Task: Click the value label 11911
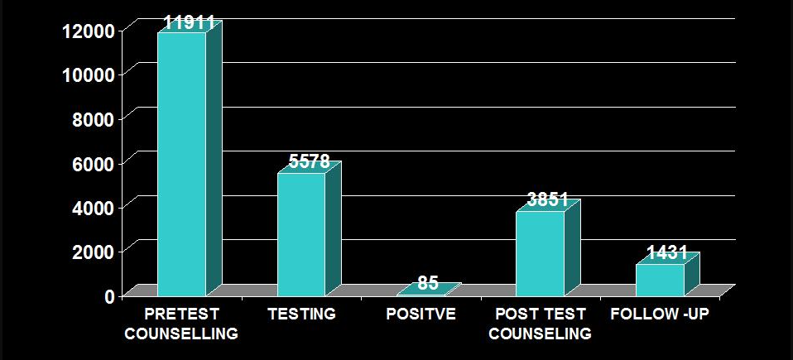point(189,22)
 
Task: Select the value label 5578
point(309,162)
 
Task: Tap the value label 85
point(428,283)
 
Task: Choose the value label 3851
point(547,200)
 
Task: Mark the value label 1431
point(667,254)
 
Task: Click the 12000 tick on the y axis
point(87,31)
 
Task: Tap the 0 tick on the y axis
point(109,295)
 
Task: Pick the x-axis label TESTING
point(301,314)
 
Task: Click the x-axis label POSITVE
point(421,314)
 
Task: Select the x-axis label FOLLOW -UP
point(659,314)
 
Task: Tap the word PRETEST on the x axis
point(181,314)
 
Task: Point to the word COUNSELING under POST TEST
point(540,334)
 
